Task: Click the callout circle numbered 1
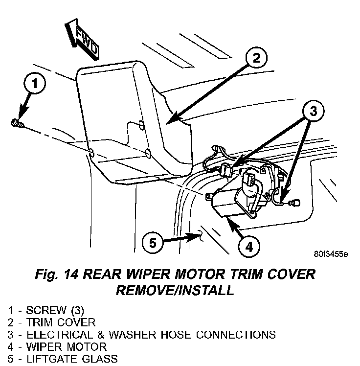tap(34, 83)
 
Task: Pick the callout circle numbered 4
tap(249, 248)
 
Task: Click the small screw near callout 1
tap(17, 124)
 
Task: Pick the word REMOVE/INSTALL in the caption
tap(175, 291)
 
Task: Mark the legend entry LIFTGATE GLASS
tap(63, 359)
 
